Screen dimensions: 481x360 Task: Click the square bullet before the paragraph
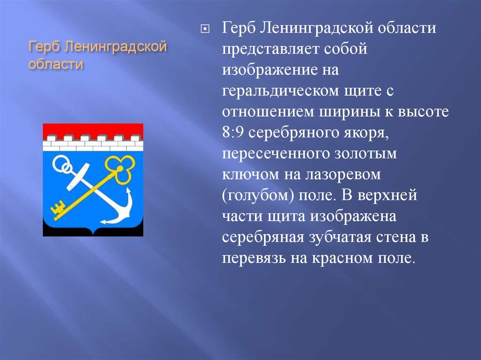pos(205,29)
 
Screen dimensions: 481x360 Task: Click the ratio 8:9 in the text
pos(233,132)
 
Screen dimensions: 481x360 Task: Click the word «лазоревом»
pos(343,175)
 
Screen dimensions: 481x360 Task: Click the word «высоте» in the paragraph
pos(423,112)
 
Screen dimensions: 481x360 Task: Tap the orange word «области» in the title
pos(56,64)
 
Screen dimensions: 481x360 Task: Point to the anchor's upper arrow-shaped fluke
pos(128,193)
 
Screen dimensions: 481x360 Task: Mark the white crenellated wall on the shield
pos(93,143)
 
